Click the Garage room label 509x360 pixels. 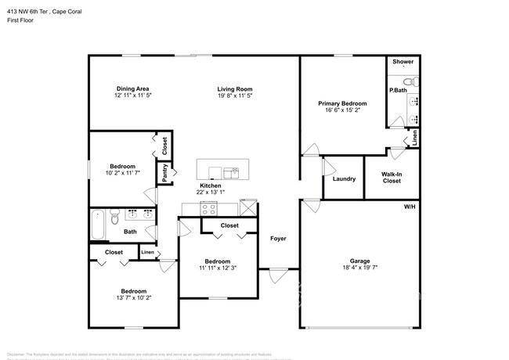pyautogui.click(x=359, y=261)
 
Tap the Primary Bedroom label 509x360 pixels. pyautogui.click(x=342, y=103)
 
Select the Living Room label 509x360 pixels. pyautogui.click(x=235, y=89)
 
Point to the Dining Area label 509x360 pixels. pyautogui.click(x=132, y=89)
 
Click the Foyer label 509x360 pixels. pyautogui.click(x=278, y=238)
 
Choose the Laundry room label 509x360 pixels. pyautogui.click(x=344, y=178)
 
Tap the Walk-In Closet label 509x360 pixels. pyautogui.click(x=392, y=178)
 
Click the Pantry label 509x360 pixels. pyautogui.click(x=165, y=173)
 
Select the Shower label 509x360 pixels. pyautogui.click(x=403, y=61)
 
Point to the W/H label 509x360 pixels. pyautogui.click(x=409, y=207)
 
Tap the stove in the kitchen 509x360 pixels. pyautogui.click(x=208, y=208)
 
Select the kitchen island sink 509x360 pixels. pyautogui.click(x=231, y=171)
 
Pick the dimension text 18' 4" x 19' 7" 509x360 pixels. pyautogui.click(x=359, y=268)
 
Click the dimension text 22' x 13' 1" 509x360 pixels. pyautogui.click(x=210, y=193)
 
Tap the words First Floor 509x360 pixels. pyautogui.click(x=20, y=21)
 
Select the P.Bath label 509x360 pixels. pyautogui.click(x=397, y=91)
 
